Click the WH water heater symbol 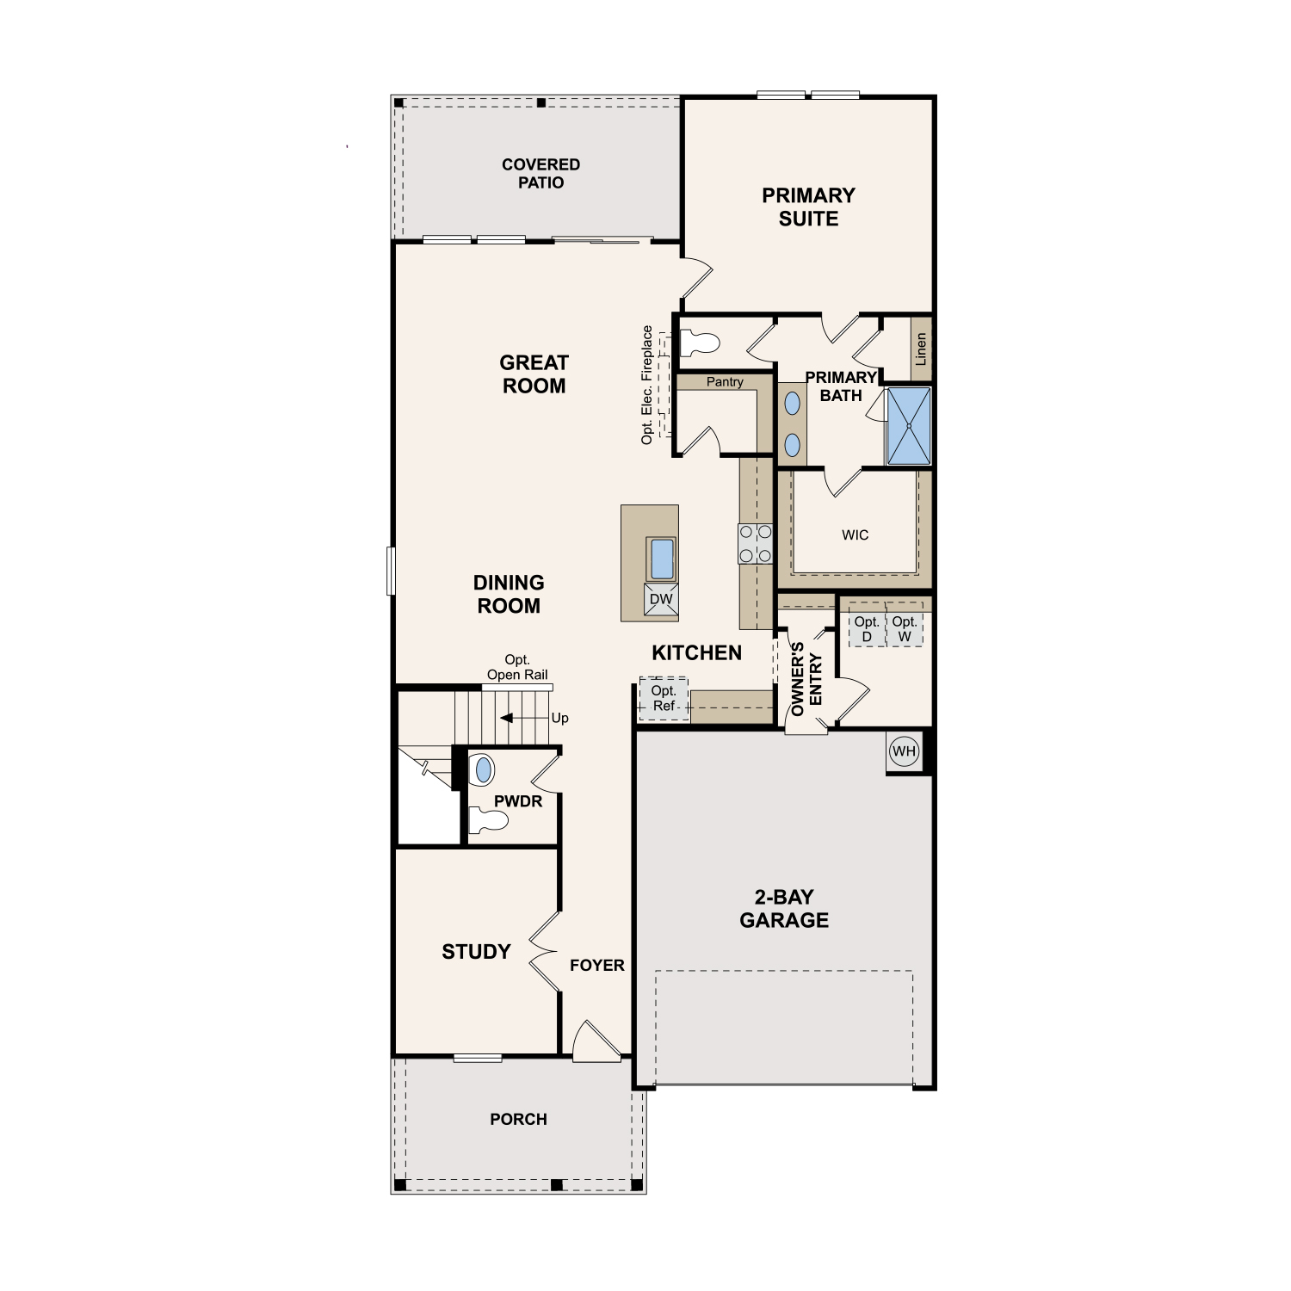pyautogui.click(x=904, y=751)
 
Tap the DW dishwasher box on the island pyautogui.click(x=661, y=600)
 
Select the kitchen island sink pyautogui.click(x=661, y=559)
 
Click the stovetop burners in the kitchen pyautogui.click(x=756, y=544)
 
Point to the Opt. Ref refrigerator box pyautogui.click(x=664, y=699)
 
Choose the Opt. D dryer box pyautogui.click(x=867, y=629)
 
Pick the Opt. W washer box pyautogui.click(x=905, y=629)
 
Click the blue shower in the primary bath pyautogui.click(x=909, y=426)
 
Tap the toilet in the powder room pyautogui.click(x=488, y=821)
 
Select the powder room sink pyautogui.click(x=484, y=769)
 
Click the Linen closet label pyautogui.click(x=921, y=349)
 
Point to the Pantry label pyautogui.click(x=725, y=382)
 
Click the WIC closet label pyautogui.click(x=856, y=535)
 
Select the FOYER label pyautogui.click(x=597, y=966)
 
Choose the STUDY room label pyautogui.click(x=476, y=952)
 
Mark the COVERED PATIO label pyautogui.click(x=541, y=173)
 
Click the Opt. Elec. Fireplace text pyautogui.click(x=647, y=385)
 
